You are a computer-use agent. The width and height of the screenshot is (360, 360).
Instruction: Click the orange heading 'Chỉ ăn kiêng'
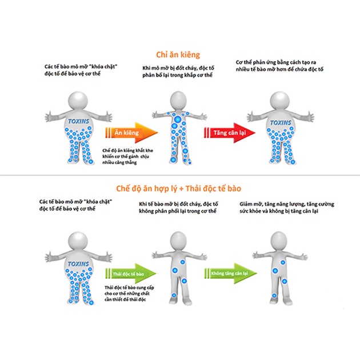tap(178, 55)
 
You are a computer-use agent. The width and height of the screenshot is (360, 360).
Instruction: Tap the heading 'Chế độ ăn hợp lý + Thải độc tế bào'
tap(179, 189)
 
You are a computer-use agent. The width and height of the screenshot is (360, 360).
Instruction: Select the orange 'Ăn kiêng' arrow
tap(131, 133)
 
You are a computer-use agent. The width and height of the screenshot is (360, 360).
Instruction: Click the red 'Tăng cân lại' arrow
tap(230, 133)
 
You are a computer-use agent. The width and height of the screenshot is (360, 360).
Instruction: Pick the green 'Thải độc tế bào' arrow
tap(131, 274)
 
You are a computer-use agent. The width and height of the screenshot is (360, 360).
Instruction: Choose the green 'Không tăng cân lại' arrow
tap(230, 273)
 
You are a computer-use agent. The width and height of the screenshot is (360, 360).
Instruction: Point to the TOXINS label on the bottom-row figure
tap(78, 264)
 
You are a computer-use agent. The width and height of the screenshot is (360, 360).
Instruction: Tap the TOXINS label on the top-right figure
tap(281, 123)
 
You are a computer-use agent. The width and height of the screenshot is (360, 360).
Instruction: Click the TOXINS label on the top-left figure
tap(78, 121)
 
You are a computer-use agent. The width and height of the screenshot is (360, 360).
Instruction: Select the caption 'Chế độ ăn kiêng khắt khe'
tap(127, 151)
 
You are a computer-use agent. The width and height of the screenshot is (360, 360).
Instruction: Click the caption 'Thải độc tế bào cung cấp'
tap(129, 287)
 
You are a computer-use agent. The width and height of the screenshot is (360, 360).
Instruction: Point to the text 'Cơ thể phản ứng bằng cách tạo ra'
tap(276, 62)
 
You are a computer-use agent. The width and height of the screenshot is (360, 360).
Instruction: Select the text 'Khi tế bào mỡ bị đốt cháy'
tap(169, 204)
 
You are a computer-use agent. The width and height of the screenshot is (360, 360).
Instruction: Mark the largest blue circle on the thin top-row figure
tap(178, 119)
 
